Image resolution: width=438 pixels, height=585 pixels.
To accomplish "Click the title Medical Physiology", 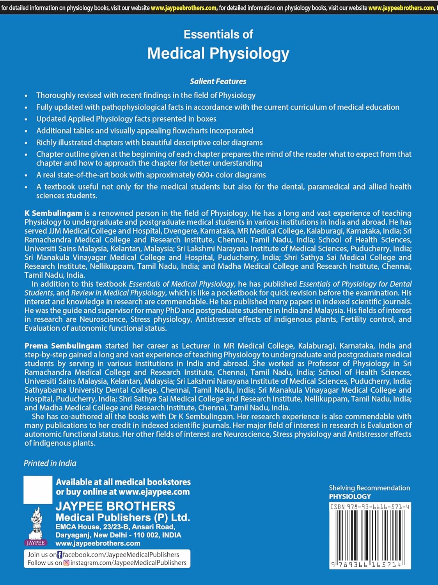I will (x=218, y=53).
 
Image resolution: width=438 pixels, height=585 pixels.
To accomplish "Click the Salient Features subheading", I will (x=218, y=82).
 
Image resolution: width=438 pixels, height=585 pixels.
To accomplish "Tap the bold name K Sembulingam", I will (x=53, y=213).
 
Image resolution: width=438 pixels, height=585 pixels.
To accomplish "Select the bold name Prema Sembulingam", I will (x=63, y=346).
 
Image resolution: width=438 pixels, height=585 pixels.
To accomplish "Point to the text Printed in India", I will (x=50, y=463).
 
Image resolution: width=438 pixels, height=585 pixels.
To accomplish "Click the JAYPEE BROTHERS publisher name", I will (x=115, y=506).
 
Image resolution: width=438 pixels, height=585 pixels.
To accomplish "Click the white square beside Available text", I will (x=38, y=490).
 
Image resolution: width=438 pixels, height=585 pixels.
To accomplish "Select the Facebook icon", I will (x=60, y=555).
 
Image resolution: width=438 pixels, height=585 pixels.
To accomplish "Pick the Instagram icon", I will (x=66, y=563).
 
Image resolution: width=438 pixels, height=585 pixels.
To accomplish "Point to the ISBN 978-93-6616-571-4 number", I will (x=369, y=507).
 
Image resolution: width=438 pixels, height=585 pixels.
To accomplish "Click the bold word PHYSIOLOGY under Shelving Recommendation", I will (x=350, y=496).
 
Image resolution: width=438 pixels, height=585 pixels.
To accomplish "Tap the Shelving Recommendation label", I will (x=369, y=488).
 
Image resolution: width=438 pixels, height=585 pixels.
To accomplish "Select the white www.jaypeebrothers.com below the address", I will (x=98, y=544).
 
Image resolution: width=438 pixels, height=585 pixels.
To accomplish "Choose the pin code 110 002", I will (x=148, y=535).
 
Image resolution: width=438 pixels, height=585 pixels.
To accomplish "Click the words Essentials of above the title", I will (x=218, y=34).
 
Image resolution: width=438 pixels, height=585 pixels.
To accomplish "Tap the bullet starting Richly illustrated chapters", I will (x=149, y=143).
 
